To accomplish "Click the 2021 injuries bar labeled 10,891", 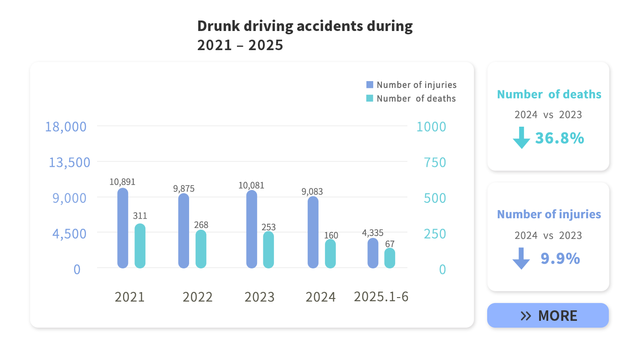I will (123, 228).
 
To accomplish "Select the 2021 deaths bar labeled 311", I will (140, 246).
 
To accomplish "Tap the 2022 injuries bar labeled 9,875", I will (184, 231).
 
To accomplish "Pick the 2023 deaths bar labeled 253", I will (268, 250).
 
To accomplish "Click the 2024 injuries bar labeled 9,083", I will (313, 232).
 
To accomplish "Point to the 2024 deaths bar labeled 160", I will (330, 254).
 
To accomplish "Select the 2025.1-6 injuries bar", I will (373, 253).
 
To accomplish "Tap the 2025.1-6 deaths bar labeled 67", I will (390, 258).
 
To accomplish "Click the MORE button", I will (548, 315).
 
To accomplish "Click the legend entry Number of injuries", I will (411, 85).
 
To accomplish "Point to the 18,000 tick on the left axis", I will (66, 127).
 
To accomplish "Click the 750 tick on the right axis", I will (435, 162).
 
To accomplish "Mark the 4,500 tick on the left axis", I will (70, 234).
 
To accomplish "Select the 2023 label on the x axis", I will (259, 297).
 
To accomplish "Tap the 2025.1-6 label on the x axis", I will (381, 297).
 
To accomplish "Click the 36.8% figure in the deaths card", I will (559, 138).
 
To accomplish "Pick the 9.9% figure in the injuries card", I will (560, 259).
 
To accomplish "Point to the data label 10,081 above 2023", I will (251, 185).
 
